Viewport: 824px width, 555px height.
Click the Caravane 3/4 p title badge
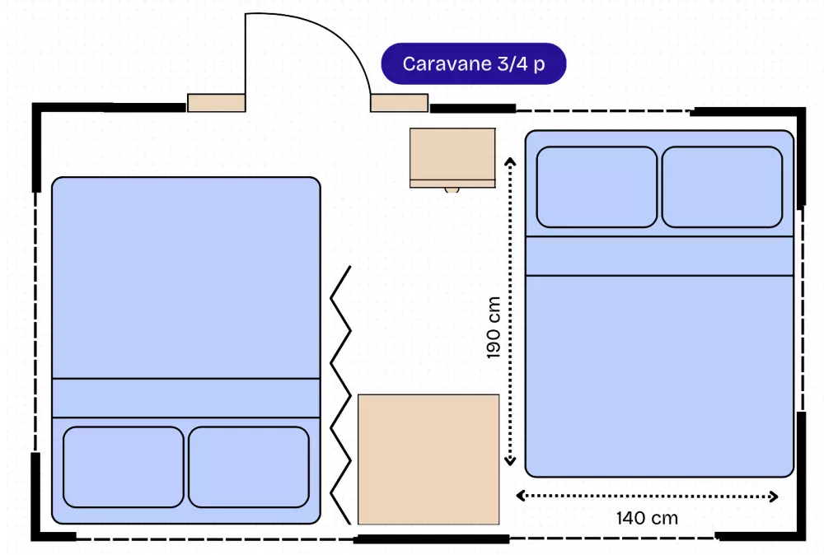(474, 63)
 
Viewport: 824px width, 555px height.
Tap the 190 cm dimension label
(494, 328)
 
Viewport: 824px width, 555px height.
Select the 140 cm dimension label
(647, 518)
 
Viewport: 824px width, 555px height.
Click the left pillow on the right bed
(597, 187)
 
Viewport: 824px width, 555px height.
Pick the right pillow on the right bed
(722, 187)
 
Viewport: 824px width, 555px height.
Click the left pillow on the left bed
(124, 467)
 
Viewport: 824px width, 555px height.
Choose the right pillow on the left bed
(249, 467)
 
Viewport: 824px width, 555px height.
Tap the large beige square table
(428, 459)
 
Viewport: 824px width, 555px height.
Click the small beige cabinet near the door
(452, 157)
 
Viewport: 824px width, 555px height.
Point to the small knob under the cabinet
(452, 190)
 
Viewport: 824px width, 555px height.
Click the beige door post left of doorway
(217, 102)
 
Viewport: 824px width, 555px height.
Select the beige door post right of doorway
(400, 102)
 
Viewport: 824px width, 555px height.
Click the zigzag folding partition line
(340, 395)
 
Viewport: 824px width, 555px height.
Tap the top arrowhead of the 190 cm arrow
(510, 161)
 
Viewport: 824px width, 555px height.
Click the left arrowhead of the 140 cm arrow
(521, 495)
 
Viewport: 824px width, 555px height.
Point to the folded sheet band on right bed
(659, 256)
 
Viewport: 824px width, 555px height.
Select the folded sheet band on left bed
(186, 398)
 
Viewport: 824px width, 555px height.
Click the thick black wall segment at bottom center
(432, 539)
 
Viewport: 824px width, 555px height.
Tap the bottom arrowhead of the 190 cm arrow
(510, 461)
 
